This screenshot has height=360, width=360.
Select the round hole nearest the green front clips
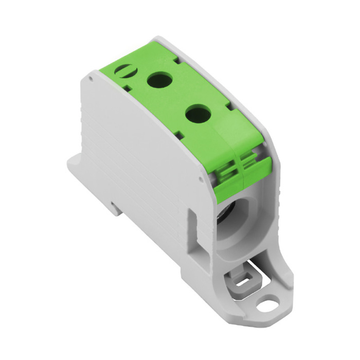pyautogui.click(x=197, y=113)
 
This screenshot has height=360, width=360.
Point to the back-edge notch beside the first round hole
pyautogui.click(x=177, y=61)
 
